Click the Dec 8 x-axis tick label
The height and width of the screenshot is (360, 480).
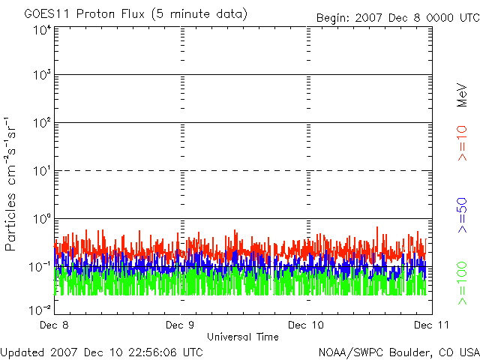tap(54, 325)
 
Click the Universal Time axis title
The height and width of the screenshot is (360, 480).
tap(242, 337)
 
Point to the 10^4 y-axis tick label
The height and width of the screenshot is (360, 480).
tap(42, 29)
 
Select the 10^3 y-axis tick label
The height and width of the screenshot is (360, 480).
tap(42, 76)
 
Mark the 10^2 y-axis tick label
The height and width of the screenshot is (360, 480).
tap(42, 124)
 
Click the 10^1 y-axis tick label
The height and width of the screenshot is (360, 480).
tap(42, 172)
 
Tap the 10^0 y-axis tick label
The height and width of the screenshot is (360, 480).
tap(42, 220)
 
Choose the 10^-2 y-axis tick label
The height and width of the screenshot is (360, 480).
tap(40, 308)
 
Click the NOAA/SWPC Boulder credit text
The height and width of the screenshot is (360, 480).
tap(398, 352)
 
